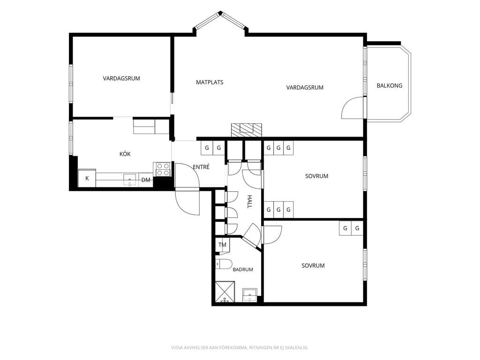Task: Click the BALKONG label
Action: (390, 86)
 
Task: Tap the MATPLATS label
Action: (210, 82)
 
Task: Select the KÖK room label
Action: (125, 154)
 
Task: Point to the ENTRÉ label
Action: (201, 167)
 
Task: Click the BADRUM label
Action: (243, 270)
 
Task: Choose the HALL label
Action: (249, 202)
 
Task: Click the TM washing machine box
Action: (223, 245)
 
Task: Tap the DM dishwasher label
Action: (146, 180)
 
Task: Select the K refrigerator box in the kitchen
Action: (87, 178)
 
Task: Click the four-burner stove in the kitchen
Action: (163, 169)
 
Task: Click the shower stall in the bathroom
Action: (225, 292)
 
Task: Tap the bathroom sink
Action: (250, 295)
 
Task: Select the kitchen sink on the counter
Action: (130, 180)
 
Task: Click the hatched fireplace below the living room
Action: (247, 130)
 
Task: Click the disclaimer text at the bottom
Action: (240, 347)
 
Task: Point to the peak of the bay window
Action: (220, 13)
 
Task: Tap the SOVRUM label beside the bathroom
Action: (313, 266)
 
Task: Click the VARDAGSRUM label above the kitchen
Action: (121, 78)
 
